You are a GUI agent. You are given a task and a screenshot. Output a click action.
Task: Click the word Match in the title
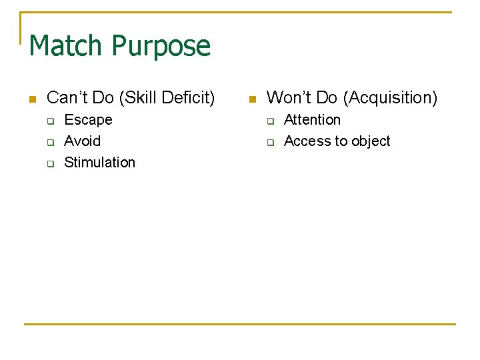[67, 46]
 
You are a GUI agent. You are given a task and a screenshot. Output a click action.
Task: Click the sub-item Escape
[88, 120]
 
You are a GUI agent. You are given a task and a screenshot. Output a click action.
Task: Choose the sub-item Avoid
[82, 141]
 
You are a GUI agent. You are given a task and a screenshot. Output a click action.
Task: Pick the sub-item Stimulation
[99, 163]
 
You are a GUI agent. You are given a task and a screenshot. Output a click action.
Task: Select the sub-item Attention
[312, 120]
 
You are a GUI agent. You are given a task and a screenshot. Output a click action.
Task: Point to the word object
[369, 141]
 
